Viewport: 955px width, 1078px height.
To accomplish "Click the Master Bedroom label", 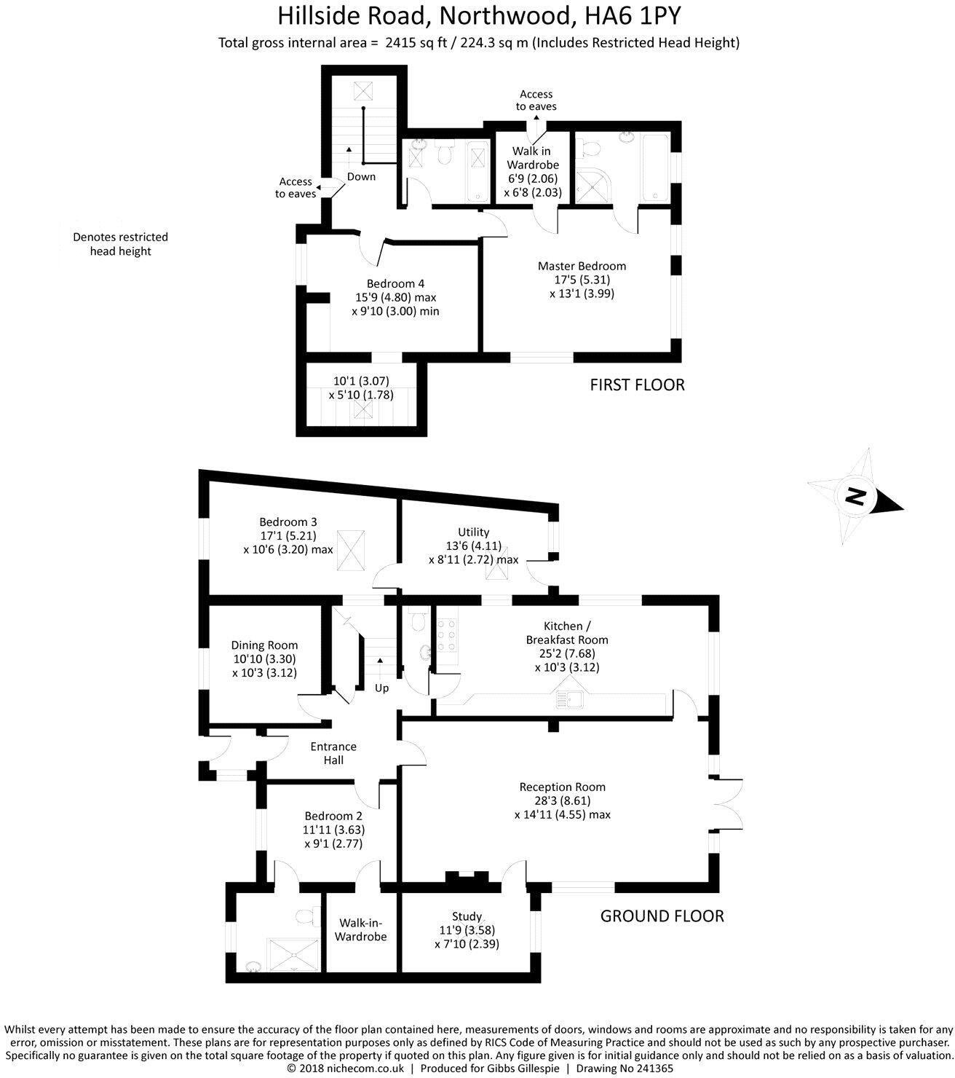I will tap(581, 280).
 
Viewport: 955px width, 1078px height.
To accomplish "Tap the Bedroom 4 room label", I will tap(395, 297).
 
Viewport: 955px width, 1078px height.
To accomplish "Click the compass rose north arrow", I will tap(857, 498).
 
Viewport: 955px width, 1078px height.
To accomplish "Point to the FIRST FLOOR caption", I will tap(637, 385).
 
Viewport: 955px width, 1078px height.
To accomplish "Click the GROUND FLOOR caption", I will tap(662, 916).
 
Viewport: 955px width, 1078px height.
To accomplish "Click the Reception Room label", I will tap(562, 800).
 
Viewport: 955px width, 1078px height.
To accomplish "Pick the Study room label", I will tap(467, 930).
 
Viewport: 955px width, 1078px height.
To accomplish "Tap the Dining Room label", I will tap(264, 658).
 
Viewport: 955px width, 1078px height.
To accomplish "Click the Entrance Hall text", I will tap(333, 753).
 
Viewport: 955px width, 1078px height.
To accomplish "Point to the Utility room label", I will tap(473, 546).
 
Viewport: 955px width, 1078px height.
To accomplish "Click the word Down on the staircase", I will tap(361, 176).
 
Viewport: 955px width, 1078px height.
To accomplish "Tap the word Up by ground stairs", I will tap(381, 688).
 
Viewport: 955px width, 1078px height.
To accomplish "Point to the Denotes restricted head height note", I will tap(120, 244).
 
